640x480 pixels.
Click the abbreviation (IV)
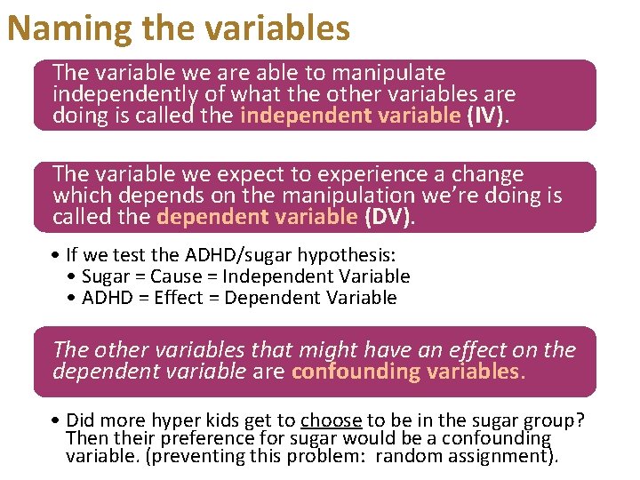[487, 116]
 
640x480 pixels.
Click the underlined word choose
[331, 420]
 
